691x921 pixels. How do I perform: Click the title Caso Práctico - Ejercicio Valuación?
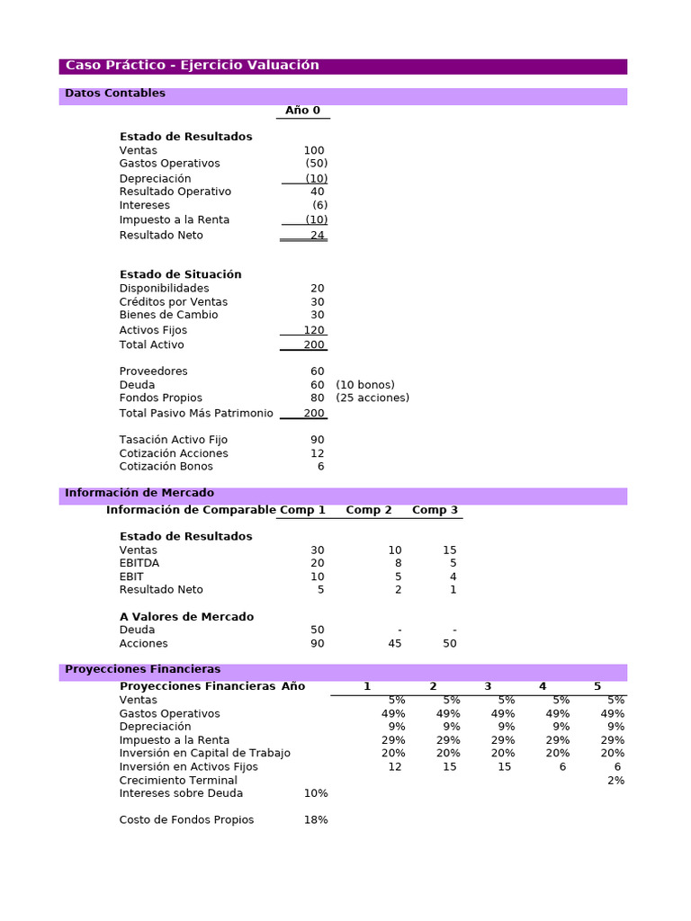coord(193,66)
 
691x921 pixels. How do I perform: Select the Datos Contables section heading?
coord(115,94)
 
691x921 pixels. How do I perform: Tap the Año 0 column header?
coord(302,111)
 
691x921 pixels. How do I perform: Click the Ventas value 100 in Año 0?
coord(314,150)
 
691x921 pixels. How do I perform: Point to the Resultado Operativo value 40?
coord(318,192)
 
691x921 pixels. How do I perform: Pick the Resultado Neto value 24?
coord(318,236)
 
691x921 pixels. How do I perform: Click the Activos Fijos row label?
coord(153,330)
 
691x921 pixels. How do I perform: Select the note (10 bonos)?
coord(365,385)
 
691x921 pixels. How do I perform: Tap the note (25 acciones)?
coord(372,398)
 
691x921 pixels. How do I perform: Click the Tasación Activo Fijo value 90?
coord(318,440)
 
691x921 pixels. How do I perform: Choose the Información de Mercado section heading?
coord(139,493)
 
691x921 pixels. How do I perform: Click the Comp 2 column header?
coord(369,510)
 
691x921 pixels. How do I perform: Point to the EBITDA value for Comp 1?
coord(318,563)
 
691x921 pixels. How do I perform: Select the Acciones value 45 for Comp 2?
coord(394,643)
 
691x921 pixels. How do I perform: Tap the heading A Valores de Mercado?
coord(186,617)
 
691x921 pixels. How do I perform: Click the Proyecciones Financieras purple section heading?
coord(142,669)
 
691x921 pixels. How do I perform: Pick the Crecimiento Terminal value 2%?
coord(615,780)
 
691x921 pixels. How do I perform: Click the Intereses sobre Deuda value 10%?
coord(316,793)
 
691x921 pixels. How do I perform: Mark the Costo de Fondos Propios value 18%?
coord(316,820)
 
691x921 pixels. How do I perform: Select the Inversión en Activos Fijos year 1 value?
coord(395,766)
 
